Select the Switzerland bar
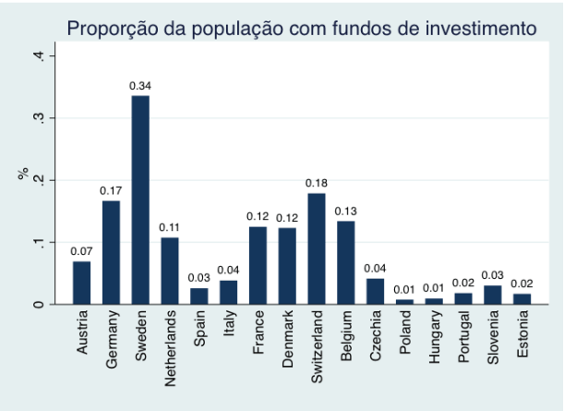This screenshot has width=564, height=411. click(x=316, y=248)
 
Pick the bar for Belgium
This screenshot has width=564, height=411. click(x=345, y=262)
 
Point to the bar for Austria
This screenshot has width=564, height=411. click(x=82, y=283)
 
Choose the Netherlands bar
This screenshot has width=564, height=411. click(x=170, y=271)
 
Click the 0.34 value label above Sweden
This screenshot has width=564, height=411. click(x=140, y=86)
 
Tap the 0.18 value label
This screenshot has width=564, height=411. click(x=316, y=183)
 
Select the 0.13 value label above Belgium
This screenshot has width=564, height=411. click(x=345, y=211)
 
